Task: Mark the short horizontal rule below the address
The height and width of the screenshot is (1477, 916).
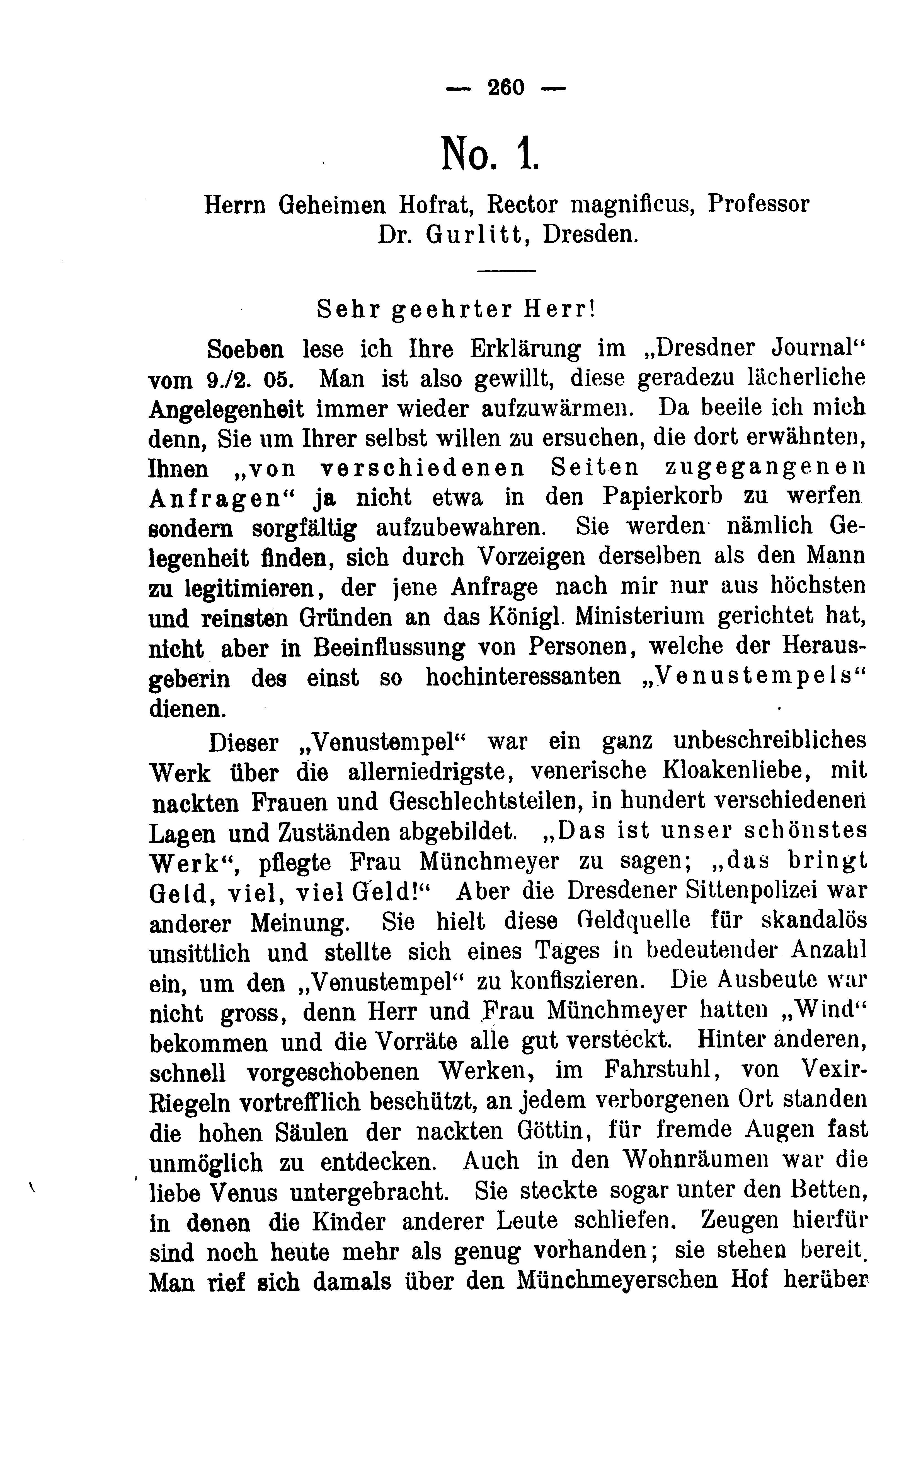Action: click(x=507, y=270)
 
